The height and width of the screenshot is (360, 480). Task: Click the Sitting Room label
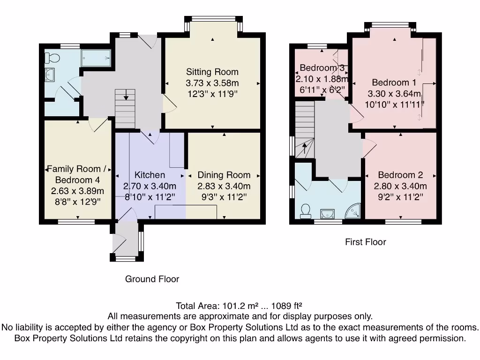pos(212,72)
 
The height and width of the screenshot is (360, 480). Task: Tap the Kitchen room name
pos(150,175)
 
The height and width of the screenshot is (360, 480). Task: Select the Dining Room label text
pos(224,175)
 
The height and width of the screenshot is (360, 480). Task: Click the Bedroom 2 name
pos(400,175)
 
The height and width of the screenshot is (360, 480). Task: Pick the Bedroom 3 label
pos(322,67)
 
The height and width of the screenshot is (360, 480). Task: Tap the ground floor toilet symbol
pos(52,58)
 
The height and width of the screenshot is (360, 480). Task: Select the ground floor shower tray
pos(96,58)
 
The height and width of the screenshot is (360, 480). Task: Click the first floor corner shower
pos(354,212)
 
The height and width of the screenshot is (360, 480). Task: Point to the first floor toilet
pos(306,211)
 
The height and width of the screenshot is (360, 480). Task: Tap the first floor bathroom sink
pos(327,214)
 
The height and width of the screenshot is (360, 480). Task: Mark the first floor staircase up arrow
pos(304,150)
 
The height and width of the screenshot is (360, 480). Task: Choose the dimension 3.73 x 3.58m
pos(212,83)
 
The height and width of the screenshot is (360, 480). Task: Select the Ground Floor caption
pos(152,279)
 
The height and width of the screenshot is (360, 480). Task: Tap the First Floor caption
pos(366,242)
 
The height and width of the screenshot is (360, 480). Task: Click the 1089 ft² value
pos(287,306)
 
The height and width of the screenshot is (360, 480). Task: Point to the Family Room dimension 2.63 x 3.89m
pos(77,191)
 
